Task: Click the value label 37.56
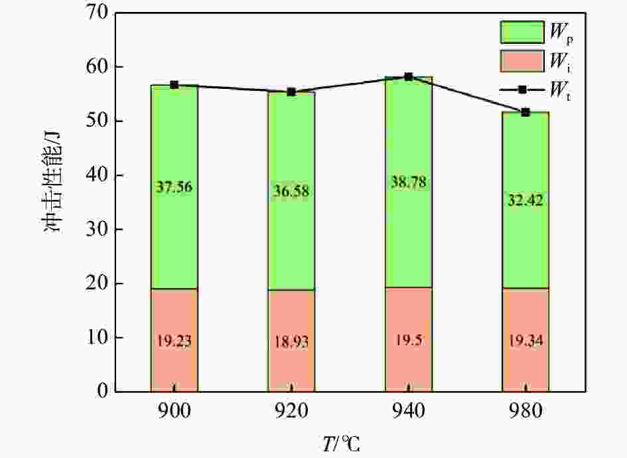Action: coord(174,189)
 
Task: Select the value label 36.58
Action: coord(291,191)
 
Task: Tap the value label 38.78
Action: coord(409,181)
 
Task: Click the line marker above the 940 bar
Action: coord(409,76)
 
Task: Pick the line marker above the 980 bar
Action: coord(525,112)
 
